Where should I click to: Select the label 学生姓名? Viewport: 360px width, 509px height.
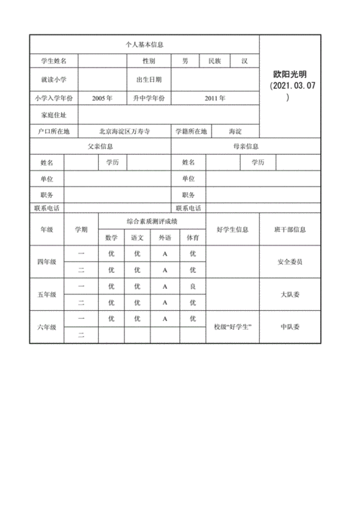pos(54,61)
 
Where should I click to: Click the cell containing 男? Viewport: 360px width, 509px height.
pos(185,61)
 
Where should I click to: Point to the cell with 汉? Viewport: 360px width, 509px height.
pos(244,61)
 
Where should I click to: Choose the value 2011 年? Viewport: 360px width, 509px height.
pos(214,97)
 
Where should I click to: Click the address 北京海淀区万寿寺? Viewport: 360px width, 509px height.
pos(124,132)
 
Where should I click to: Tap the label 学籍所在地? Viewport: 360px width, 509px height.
pos(191,132)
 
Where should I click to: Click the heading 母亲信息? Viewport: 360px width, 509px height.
pos(245,146)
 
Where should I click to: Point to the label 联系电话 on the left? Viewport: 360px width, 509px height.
pos(47,207)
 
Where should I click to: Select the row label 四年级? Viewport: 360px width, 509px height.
pos(47,262)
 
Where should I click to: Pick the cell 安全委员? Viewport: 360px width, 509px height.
pos(290,262)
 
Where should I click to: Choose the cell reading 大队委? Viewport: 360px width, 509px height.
pos(290,295)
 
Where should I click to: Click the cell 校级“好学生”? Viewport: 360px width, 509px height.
pos(232,327)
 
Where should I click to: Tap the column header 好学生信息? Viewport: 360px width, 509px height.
pos(232,229)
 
